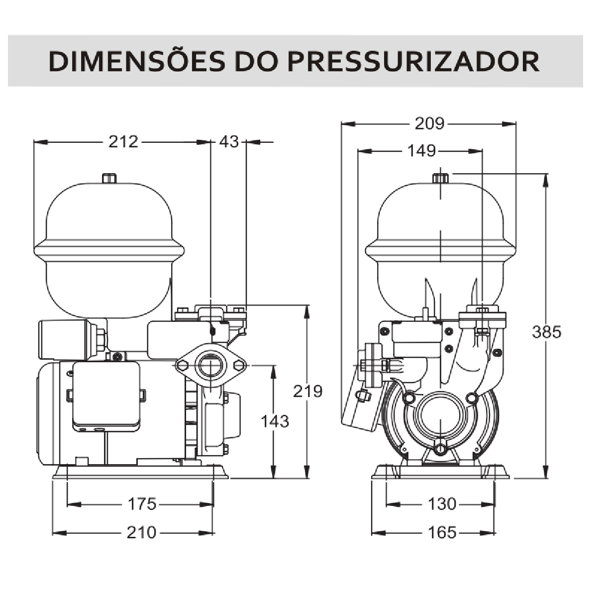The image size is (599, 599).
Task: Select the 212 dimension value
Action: click(123, 142)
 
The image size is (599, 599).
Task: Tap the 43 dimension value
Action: click(229, 142)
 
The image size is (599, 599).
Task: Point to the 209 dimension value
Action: click(429, 123)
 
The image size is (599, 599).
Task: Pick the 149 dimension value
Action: click(421, 150)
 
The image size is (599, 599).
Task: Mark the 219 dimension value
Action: click(307, 391)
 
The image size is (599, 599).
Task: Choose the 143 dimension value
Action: click(275, 421)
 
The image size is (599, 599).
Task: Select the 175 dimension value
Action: click(142, 504)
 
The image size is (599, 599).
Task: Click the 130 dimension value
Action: click(442, 504)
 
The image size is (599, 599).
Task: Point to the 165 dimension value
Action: click(442, 533)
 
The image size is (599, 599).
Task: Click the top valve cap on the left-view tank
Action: click(109, 178)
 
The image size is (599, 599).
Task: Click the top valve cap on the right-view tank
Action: click(440, 178)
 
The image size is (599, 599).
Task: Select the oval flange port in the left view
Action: click(211, 366)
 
